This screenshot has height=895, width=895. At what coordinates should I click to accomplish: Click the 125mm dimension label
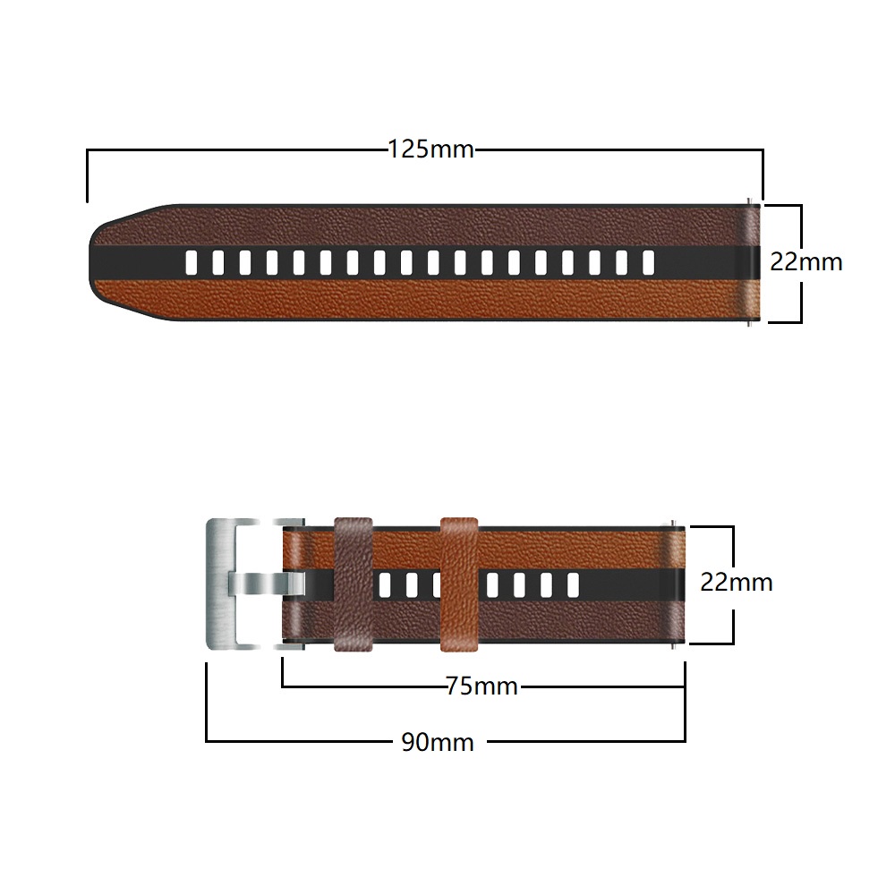tap(430, 149)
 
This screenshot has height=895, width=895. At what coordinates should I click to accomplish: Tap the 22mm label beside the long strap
tap(806, 262)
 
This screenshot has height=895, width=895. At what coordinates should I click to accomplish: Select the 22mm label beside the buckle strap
tap(736, 582)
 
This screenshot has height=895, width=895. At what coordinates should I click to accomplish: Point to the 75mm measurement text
tap(482, 686)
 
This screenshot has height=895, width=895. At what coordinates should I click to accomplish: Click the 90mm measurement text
tap(438, 741)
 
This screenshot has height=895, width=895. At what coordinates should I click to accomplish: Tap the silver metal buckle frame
tap(220, 583)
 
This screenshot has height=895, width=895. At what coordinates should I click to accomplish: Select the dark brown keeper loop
tap(353, 583)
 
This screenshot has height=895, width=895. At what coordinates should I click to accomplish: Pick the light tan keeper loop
tap(458, 583)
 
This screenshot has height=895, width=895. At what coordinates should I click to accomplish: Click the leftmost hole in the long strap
tap(192, 262)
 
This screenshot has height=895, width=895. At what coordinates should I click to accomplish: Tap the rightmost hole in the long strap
tap(647, 262)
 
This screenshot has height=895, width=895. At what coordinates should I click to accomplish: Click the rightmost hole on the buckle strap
tap(571, 584)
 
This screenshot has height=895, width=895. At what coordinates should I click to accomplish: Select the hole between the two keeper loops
tap(411, 584)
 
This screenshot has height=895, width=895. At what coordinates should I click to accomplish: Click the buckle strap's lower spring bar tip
tap(672, 648)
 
